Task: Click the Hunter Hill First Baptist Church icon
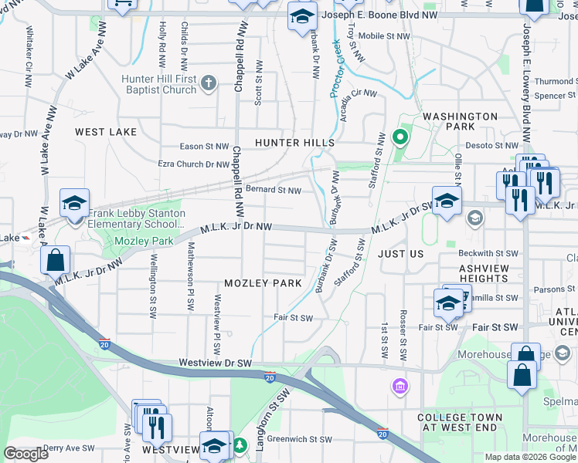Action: pos(208,83)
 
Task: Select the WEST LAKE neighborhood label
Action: pos(106,132)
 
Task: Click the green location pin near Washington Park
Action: pos(399,139)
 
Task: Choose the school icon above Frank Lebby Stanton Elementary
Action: pos(74,204)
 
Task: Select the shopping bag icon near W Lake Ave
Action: pos(56,262)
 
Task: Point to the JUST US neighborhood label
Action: pos(400,253)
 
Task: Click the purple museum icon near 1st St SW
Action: pos(399,385)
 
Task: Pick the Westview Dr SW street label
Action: pos(216,362)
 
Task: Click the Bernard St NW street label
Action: pos(273,191)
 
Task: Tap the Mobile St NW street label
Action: pos(382,35)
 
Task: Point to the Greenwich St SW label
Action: pos(301,440)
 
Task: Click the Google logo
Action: pos(26,454)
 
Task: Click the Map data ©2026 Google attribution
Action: pos(530,457)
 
